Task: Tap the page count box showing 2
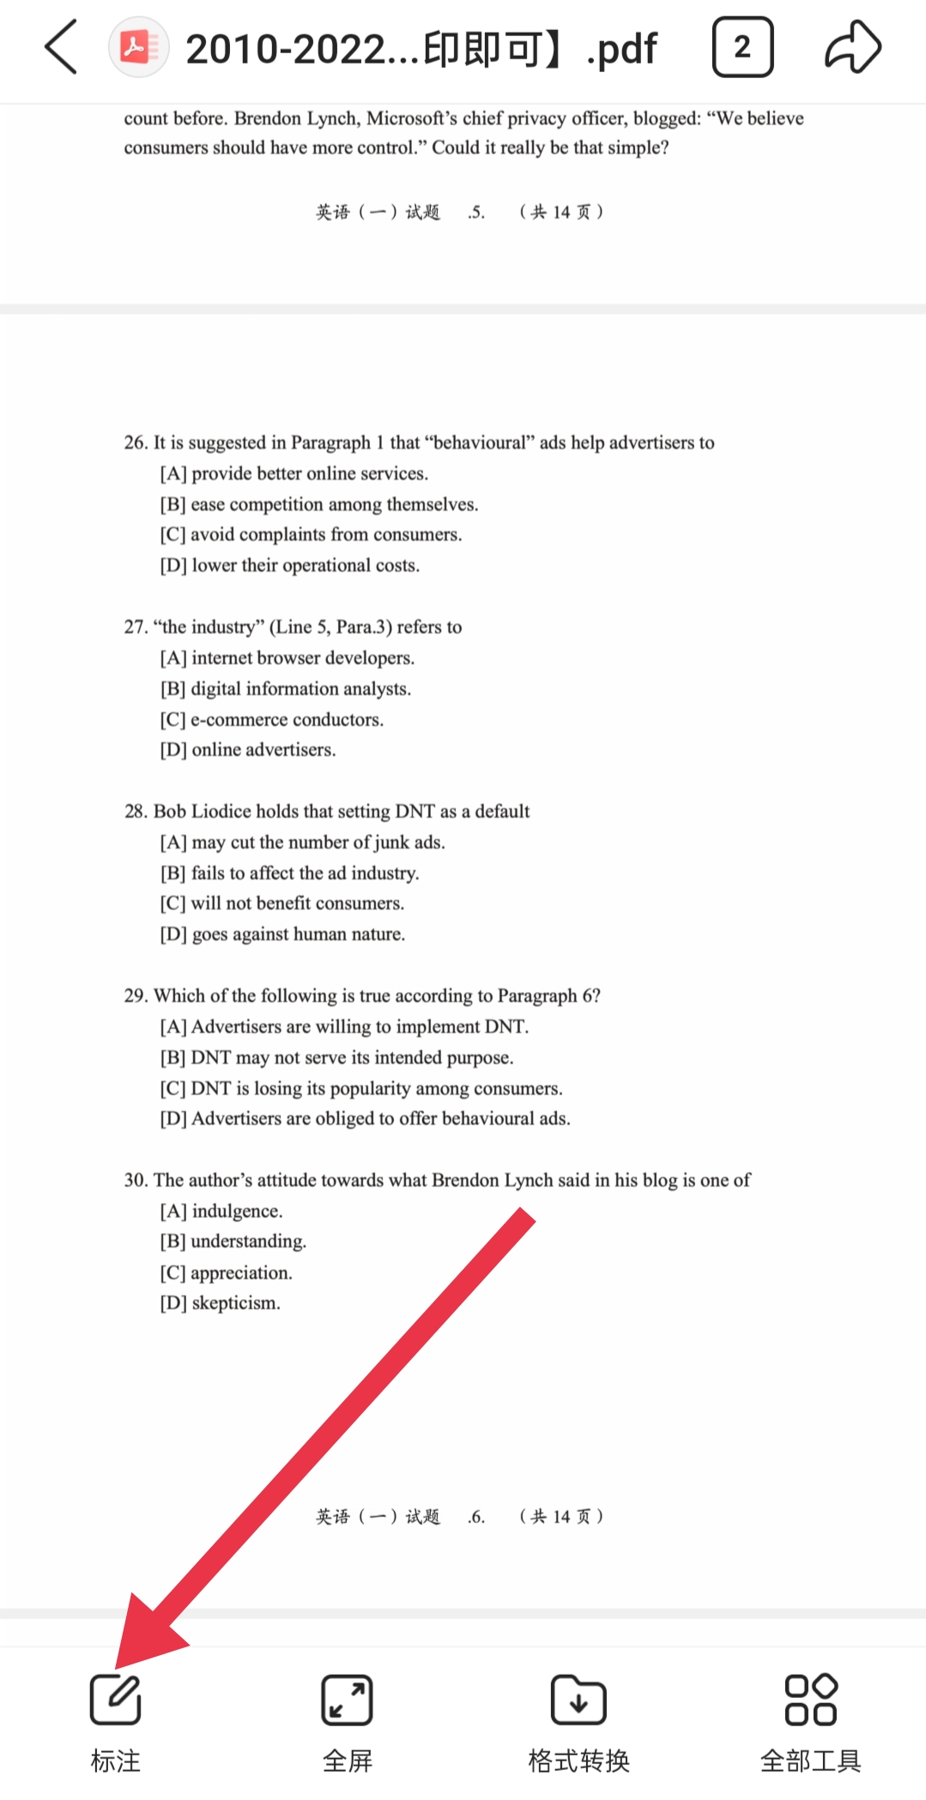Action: coord(742,47)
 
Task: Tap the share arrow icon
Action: coord(852,47)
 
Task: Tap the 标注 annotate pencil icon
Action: coord(115,1699)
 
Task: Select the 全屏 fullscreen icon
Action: coord(347,1699)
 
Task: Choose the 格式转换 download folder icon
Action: coord(578,1699)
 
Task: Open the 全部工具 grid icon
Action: coord(810,1699)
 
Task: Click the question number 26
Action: coord(135,443)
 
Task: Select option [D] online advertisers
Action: coord(248,750)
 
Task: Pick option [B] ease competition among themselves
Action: coord(319,504)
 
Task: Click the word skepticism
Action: coord(236,1303)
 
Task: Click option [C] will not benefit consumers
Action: coord(282,903)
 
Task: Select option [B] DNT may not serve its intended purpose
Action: coord(337,1058)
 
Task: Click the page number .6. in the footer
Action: coord(476,1517)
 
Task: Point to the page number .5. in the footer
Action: coord(476,212)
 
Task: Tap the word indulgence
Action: coord(237,1211)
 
